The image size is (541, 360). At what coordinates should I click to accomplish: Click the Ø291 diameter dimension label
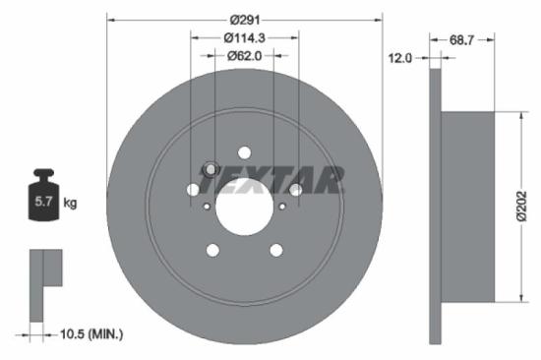click(x=243, y=18)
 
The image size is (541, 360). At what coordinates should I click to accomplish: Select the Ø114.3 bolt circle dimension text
click(x=243, y=37)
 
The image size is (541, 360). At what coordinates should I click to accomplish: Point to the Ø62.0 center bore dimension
click(x=243, y=56)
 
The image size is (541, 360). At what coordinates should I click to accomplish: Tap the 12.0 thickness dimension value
click(x=400, y=59)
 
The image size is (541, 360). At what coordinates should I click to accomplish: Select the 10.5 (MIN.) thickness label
click(x=90, y=334)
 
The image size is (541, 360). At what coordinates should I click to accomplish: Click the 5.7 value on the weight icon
click(x=45, y=204)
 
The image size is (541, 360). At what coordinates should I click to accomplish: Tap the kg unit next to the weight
click(x=70, y=204)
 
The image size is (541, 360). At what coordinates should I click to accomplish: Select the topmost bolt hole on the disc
click(x=244, y=152)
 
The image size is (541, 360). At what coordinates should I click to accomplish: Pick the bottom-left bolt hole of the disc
click(x=212, y=251)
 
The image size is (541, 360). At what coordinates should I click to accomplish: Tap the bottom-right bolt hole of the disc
click(x=275, y=251)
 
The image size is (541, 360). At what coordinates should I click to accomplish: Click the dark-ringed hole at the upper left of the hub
click(x=209, y=169)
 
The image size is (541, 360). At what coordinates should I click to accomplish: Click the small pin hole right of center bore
click(x=282, y=206)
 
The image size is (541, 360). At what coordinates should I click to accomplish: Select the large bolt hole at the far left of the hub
click(x=193, y=189)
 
